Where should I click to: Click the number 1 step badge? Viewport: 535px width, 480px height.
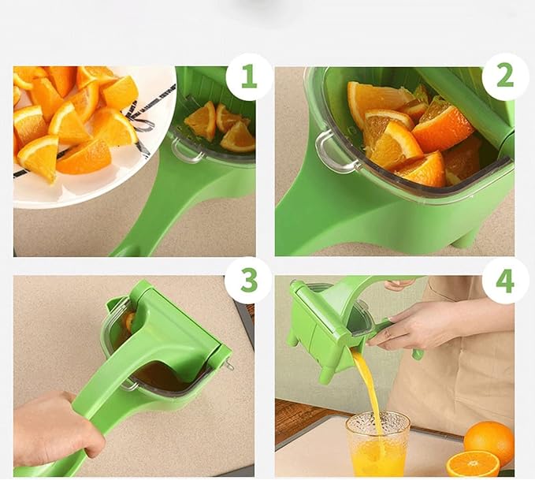tap(249, 76)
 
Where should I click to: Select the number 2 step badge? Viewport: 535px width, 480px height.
tap(505, 76)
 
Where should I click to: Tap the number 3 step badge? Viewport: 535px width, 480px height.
tap(249, 281)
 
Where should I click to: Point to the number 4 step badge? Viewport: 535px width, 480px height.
tap(505, 281)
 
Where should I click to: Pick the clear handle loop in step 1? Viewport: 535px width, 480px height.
tap(188, 151)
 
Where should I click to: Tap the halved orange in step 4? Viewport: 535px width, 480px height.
tap(473, 464)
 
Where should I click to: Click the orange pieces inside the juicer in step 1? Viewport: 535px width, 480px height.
tap(221, 126)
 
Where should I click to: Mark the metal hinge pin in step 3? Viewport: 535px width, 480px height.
tap(230, 364)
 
